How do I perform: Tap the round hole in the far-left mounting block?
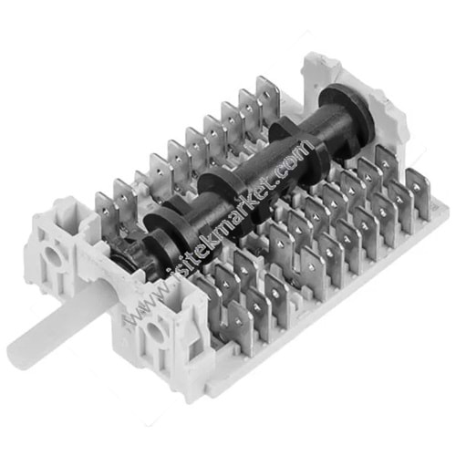tap(53, 254)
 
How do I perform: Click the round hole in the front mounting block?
tap(154, 331)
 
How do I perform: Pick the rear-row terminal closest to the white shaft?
tap(105, 212)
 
